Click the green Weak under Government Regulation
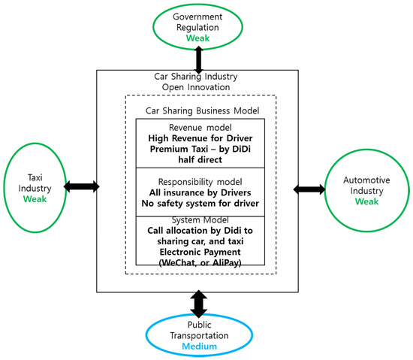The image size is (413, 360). [x=197, y=38]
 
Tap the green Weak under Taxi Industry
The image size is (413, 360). [x=35, y=199]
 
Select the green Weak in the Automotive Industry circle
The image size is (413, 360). [x=366, y=201]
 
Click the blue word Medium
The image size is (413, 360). [x=200, y=346]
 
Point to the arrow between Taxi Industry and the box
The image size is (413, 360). [x=82, y=186]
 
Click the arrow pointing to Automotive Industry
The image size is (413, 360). [x=309, y=189]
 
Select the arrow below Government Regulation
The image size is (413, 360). [x=198, y=60]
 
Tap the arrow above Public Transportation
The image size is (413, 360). [x=198, y=304]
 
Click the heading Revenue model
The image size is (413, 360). [x=200, y=128]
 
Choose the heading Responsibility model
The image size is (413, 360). [x=200, y=182]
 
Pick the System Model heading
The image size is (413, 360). [x=200, y=220]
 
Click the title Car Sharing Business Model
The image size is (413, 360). [x=202, y=110]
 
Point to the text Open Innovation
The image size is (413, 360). [x=196, y=87]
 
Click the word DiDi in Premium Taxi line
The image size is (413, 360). [x=241, y=149]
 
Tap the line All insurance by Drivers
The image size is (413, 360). [x=200, y=192]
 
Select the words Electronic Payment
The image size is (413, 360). [x=200, y=252]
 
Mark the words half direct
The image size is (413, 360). [x=200, y=159]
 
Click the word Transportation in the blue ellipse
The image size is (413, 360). [x=199, y=335]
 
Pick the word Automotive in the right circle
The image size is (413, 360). [x=366, y=180]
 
